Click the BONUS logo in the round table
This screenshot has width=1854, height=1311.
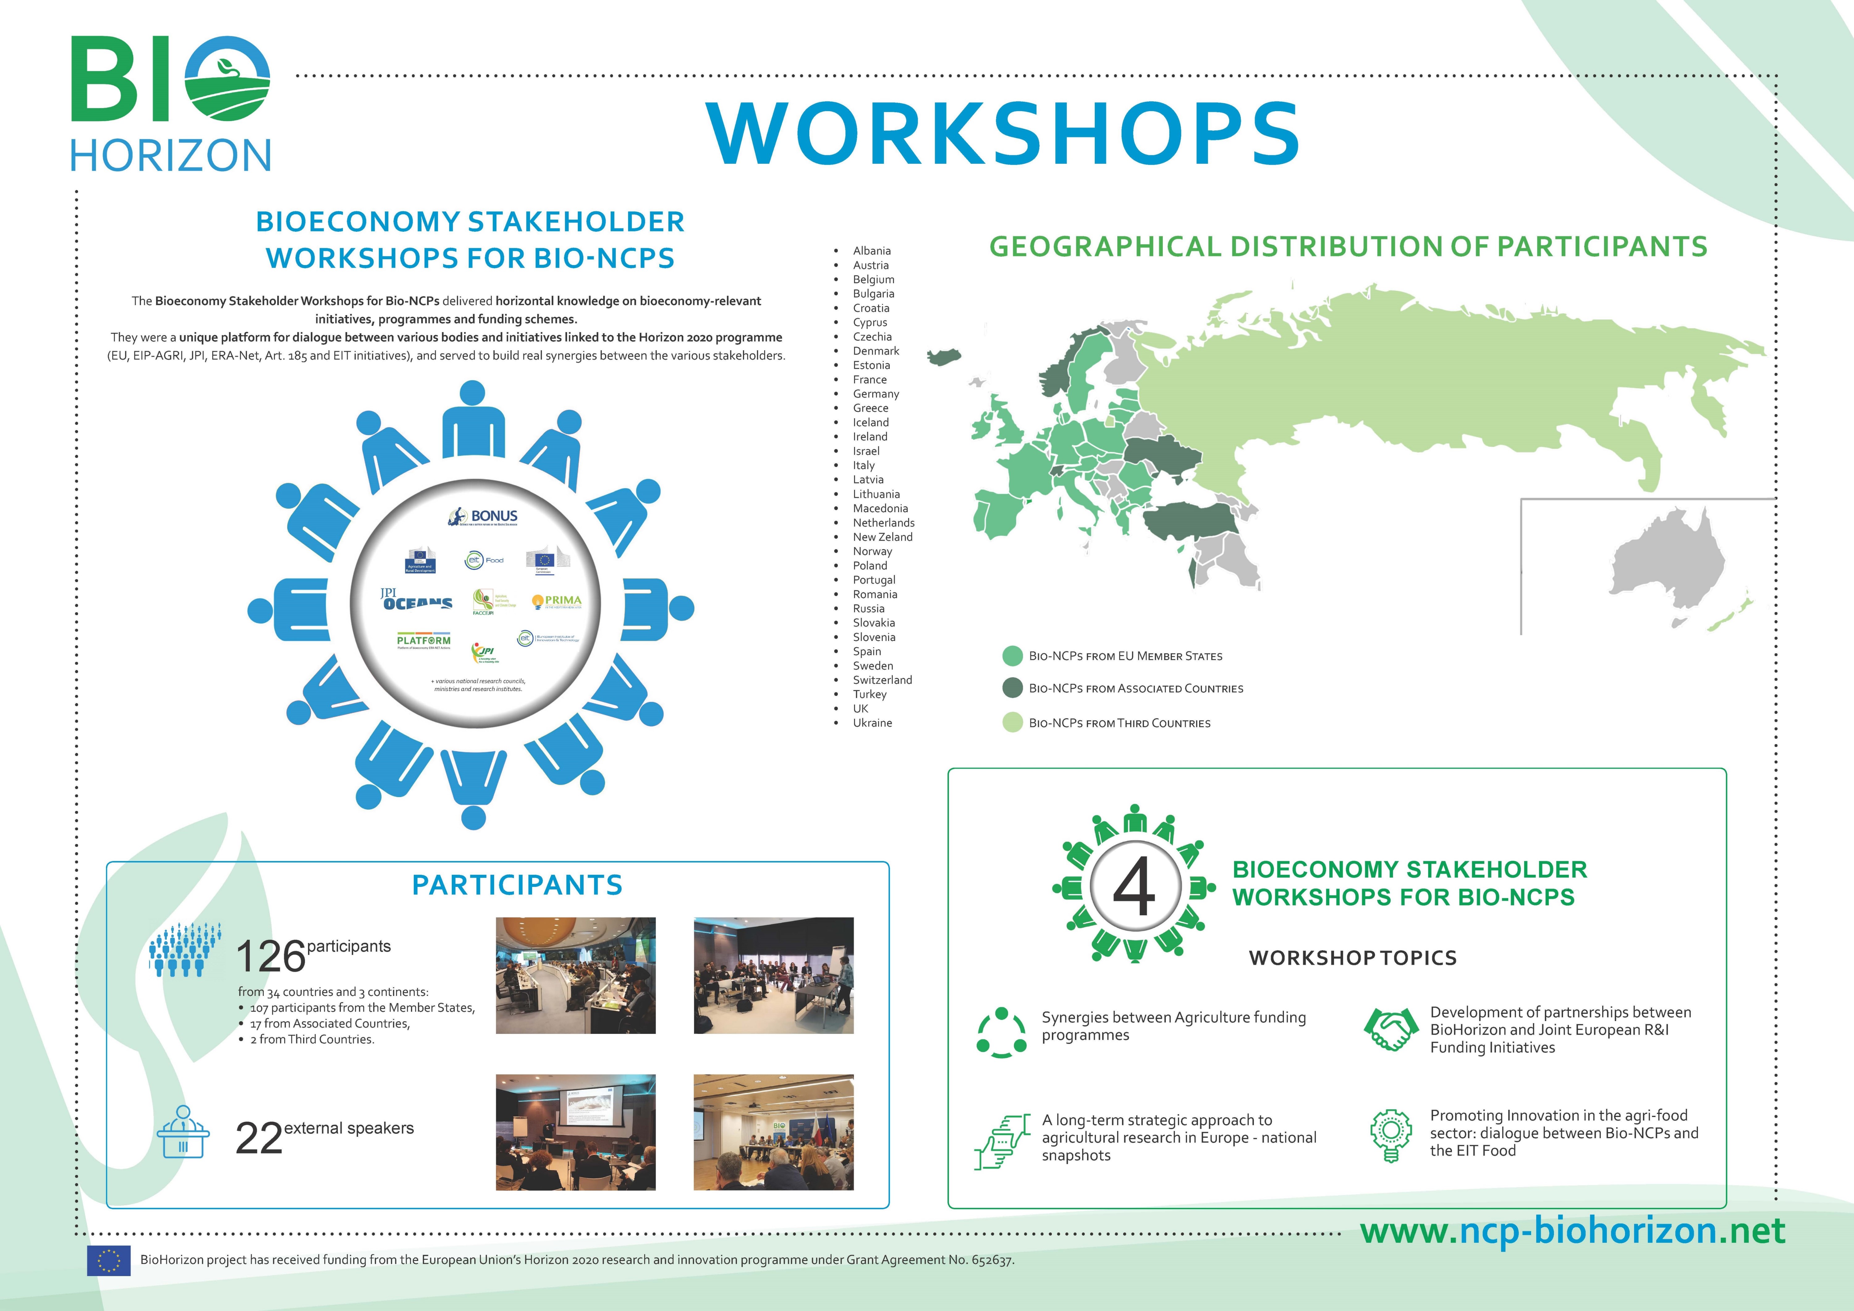pos(484,517)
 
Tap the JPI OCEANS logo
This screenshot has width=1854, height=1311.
pos(416,599)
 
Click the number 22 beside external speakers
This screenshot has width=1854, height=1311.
pos(258,1138)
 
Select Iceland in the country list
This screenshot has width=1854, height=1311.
pos(870,422)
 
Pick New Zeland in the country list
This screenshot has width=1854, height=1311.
pos(883,537)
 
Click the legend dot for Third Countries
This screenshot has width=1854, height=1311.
pos(1012,723)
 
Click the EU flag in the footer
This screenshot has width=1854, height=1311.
pos(108,1260)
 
